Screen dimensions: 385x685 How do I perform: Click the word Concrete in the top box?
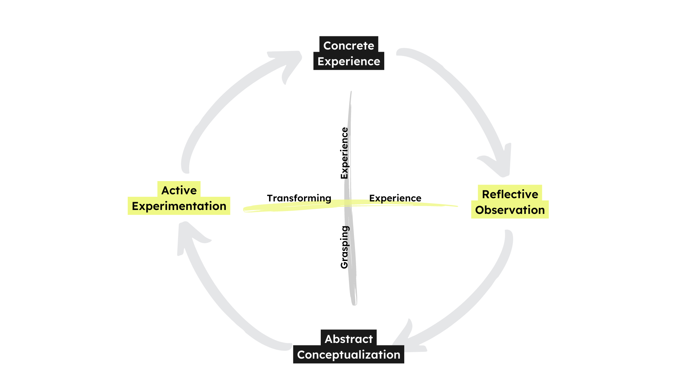(x=349, y=46)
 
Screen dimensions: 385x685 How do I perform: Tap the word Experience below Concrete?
(x=349, y=61)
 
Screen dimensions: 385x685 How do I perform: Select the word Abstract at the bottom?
(x=349, y=339)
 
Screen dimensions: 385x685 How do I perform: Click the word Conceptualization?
(x=349, y=355)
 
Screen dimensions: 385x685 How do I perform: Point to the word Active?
(x=179, y=190)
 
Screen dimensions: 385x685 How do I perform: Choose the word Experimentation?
(x=179, y=206)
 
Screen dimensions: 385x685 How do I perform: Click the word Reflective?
(x=510, y=194)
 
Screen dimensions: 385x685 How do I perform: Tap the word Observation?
(x=510, y=210)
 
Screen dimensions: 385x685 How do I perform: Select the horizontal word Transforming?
(x=299, y=198)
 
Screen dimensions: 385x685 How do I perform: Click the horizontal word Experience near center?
(x=395, y=198)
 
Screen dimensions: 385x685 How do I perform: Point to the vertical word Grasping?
(x=344, y=247)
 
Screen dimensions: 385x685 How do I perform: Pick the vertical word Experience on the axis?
(x=344, y=153)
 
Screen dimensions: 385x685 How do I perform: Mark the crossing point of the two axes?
(x=348, y=204)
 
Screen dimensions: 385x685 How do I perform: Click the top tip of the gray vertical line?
(x=351, y=92)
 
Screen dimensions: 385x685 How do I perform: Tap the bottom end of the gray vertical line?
(x=354, y=304)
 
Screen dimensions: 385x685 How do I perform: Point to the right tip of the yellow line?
(x=457, y=206)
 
